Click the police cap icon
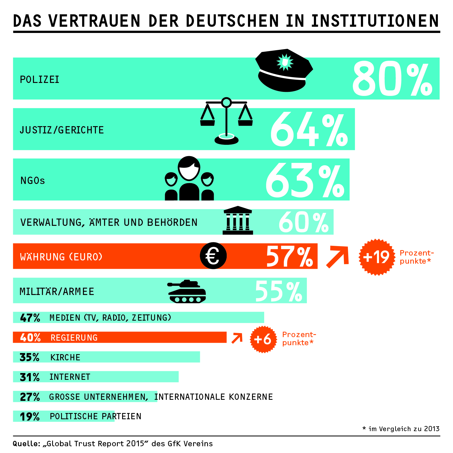[x=284, y=71]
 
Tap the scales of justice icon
[x=226, y=122]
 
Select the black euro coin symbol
[x=213, y=256]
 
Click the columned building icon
[x=238, y=221]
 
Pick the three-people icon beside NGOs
[x=189, y=179]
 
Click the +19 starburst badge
[x=377, y=257]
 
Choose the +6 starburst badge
[x=263, y=339]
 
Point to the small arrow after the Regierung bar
[x=237, y=338]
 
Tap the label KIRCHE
[x=65, y=357]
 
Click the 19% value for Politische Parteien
[x=30, y=417]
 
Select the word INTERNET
[x=70, y=377]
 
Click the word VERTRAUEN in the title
[x=95, y=21]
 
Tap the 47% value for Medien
[x=30, y=318]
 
